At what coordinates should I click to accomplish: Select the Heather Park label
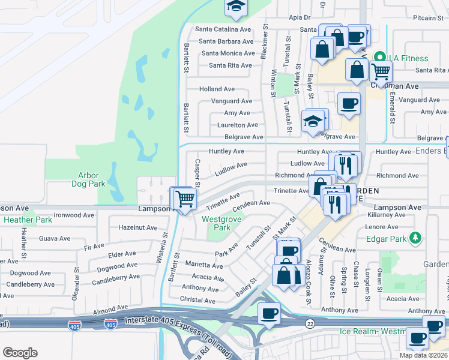coord(28,220)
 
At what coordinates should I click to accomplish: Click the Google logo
coord(20,352)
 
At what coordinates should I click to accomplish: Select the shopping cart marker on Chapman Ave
coord(381,71)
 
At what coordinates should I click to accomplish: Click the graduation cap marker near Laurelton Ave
coord(313,121)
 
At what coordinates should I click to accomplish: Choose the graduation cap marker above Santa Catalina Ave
coord(236,7)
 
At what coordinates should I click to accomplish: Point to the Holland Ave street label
coord(217,89)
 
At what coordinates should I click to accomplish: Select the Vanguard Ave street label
coord(231,101)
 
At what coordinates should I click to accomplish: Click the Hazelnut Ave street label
coord(137,228)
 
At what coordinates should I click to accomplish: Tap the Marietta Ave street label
coord(204,265)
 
